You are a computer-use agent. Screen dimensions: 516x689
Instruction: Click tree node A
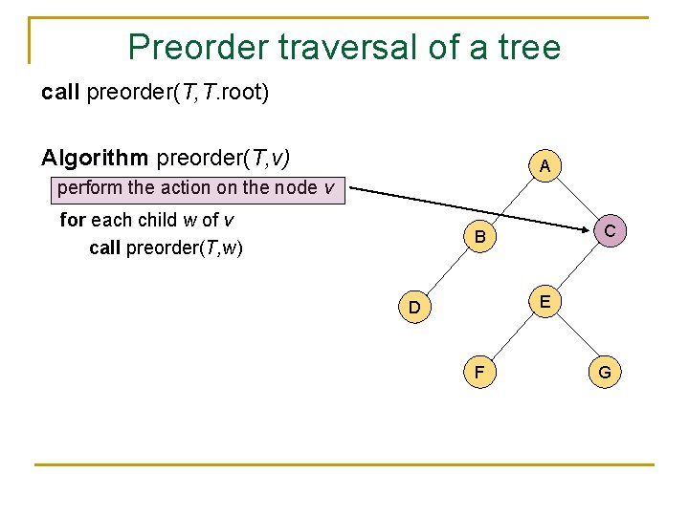[544, 166]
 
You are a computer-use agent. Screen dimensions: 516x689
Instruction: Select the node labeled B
[480, 236]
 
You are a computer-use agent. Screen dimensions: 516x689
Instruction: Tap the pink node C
[609, 231]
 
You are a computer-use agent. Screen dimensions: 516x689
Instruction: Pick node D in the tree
[413, 308]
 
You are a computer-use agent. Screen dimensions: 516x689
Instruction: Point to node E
[544, 302]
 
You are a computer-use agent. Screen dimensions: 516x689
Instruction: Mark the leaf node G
[605, 372]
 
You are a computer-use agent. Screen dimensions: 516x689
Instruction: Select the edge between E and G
[574, 336]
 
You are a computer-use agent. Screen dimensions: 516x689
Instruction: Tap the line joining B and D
[447, 272]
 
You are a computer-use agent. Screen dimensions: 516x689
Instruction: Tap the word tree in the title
[528, 46]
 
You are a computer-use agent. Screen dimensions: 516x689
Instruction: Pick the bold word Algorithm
[95, 156]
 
